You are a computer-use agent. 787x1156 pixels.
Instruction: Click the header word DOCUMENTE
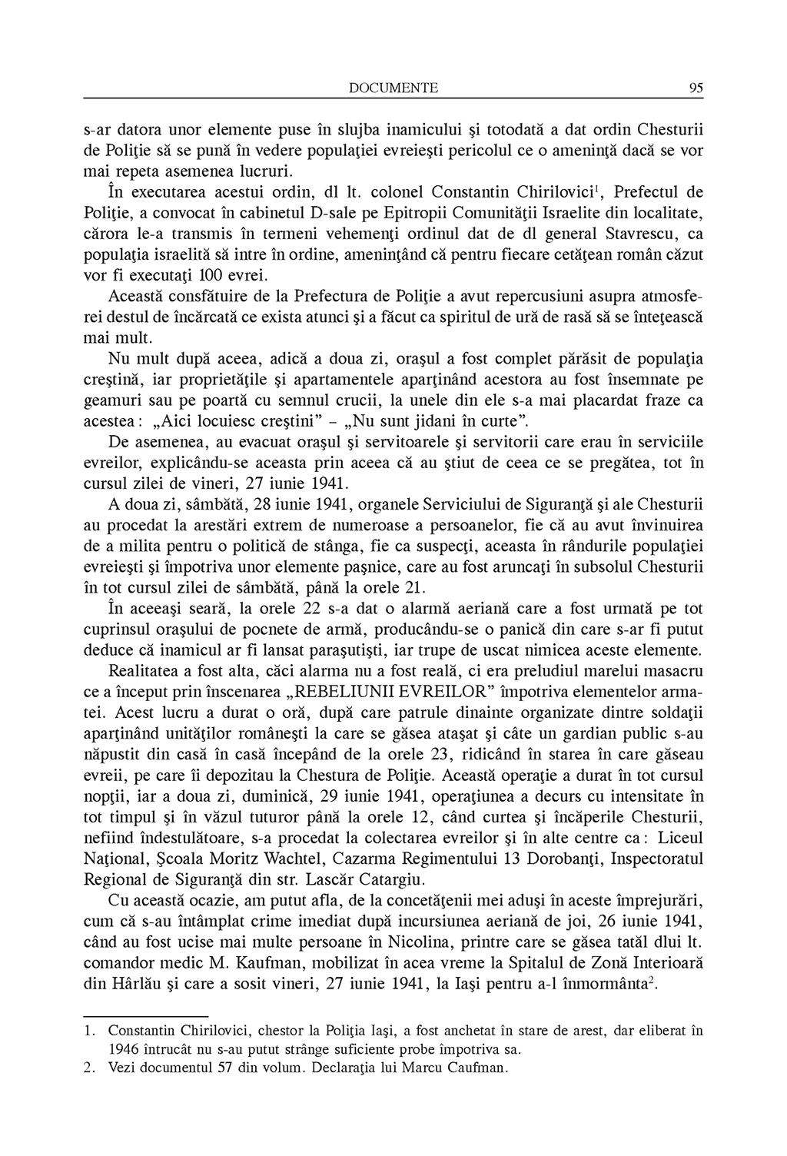pyautogui.click(x=393, y=88)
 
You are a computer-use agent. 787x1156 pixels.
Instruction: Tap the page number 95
pyautogui.click(x=696, y=88)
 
